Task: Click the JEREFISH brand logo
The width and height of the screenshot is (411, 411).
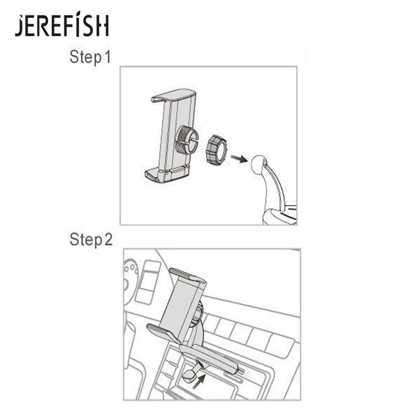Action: coord(62,26)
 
